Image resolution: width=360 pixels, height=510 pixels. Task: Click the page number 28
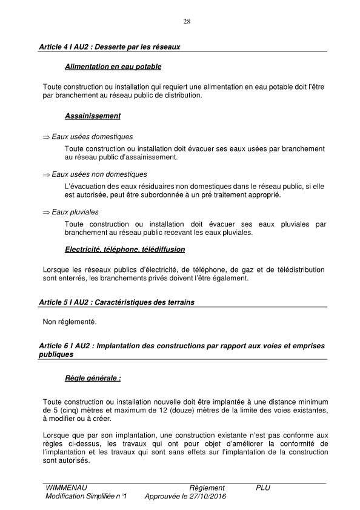pyautogui.click(x=187, y=22)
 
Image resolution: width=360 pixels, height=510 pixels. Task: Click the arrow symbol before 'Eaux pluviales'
pyautogui.click(x=45, y=213)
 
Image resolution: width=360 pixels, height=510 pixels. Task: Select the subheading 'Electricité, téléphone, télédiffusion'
pyautogui.click(x=125, y=249)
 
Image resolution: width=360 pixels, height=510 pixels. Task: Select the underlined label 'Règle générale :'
pyautogui.click(x=93, y=379)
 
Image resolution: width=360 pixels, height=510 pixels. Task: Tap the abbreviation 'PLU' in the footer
pyautogui.click(x=263, y=488)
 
